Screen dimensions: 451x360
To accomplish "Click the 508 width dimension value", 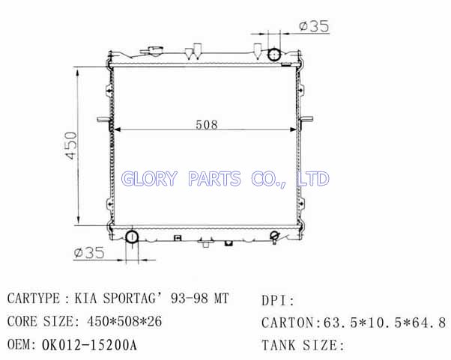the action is (207, 124).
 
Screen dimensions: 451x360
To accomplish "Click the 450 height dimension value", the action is (70, 145).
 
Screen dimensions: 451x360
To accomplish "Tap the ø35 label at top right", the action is (314, 26).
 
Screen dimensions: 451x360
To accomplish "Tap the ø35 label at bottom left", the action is (89, 253).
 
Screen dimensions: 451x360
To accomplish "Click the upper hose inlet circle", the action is (274, 55).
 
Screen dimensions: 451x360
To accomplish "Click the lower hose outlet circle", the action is (132, 237).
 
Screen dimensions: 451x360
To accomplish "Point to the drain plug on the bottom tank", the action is (275, 237).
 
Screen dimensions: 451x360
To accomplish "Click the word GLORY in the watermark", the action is (148, 178).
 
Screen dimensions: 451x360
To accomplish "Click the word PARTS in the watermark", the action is (214, 178).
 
